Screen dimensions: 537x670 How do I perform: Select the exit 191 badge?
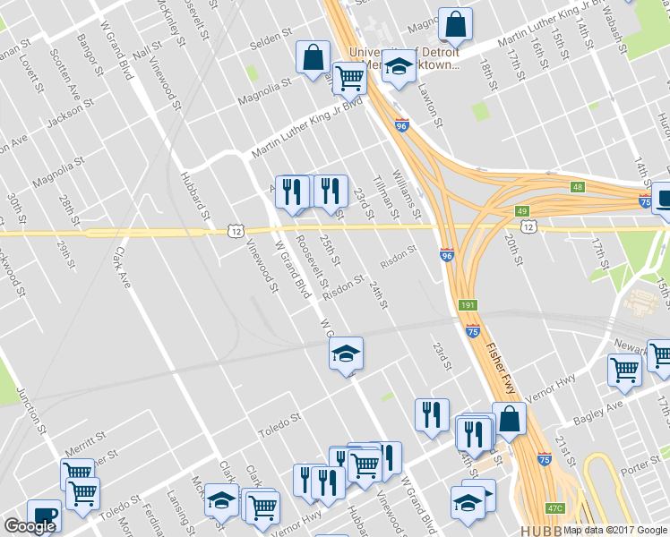[x=467, y=306]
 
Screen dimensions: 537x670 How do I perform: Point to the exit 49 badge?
[x=522, y=211]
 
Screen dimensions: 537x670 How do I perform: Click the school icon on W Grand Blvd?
[x=346, y=354]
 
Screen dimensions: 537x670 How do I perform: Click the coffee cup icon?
[x=43, y=516]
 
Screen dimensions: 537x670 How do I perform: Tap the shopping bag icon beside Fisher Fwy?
[x=509, y=419]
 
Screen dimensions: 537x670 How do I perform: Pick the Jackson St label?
[x=71, y=113]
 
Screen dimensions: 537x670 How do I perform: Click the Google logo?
[x=30, y=526]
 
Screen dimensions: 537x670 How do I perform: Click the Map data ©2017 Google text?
[x=615, y=530]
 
